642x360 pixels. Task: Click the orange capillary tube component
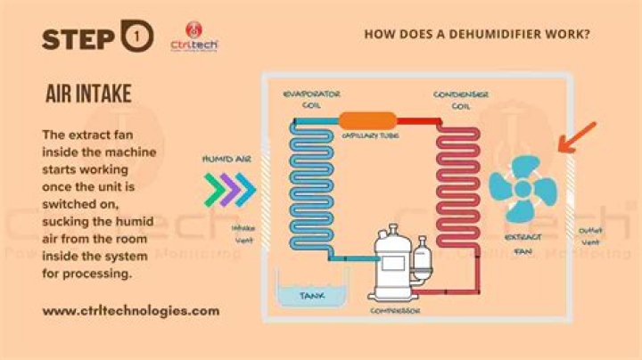(366, 120)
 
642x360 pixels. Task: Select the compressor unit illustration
(397, 262)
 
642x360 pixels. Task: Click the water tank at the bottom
(310, 293)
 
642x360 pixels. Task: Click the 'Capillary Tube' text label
(368, 136)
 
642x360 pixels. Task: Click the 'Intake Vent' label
(243, 233)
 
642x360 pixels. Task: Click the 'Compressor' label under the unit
(396, 311)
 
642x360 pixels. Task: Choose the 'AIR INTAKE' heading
(88, 94)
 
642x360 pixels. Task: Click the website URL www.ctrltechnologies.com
(130, 311)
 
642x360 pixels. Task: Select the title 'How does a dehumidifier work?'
(477, 34)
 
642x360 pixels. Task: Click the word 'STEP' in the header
(77, 37)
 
